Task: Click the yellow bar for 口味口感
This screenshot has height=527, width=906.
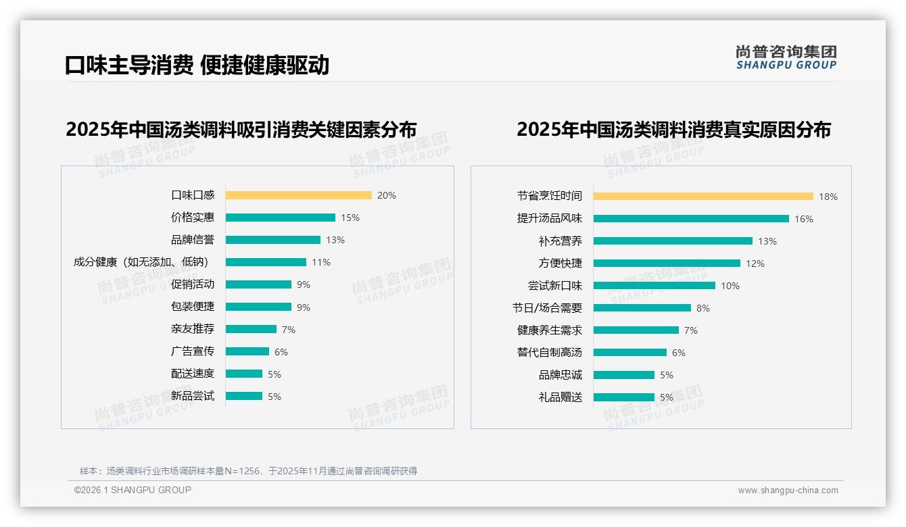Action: [298, 195]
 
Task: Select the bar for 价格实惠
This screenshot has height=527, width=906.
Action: [280, 218]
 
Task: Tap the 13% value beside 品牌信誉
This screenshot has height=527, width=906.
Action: [335, 240]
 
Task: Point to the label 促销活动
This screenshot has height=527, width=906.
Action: [193, 284]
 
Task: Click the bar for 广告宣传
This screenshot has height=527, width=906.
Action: [247, 351]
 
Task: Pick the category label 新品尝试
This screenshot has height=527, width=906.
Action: [193, 396]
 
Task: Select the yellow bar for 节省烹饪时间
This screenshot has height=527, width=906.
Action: [703, 197]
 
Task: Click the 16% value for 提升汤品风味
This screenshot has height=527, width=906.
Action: [804, 219]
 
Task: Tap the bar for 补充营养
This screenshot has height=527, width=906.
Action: [673, 241]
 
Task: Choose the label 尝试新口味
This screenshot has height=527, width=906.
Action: [555, 286]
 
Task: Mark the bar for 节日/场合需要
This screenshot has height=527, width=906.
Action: [642, 308]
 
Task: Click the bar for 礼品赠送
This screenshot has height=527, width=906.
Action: [624, 397]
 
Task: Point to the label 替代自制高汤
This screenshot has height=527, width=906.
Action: [550, 353]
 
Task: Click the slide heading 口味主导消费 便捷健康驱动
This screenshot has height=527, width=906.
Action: [197, 65]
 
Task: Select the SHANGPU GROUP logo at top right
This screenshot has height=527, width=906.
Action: [786, 57]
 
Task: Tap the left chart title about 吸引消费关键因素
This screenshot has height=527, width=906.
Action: [241, 129]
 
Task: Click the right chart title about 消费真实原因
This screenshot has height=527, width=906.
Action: [673, 129]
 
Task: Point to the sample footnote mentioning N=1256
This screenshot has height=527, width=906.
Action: [248, 471]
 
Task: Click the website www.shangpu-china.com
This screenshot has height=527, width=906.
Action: [788, 491]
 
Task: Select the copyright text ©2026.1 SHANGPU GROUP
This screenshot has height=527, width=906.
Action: [133, 490]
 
